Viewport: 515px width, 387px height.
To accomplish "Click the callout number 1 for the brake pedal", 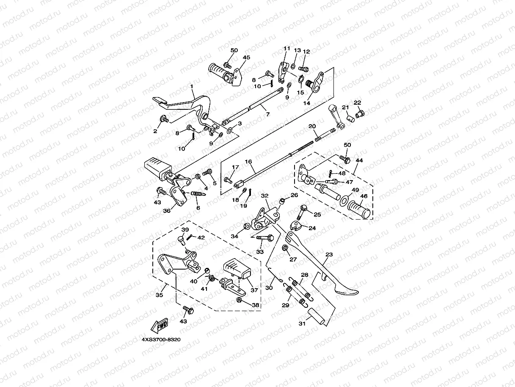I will coord(192,86).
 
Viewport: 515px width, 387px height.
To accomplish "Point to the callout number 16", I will coord(248,161).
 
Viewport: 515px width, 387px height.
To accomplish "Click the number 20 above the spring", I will coord(312,127).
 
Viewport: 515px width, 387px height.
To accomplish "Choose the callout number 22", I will coord(358,103).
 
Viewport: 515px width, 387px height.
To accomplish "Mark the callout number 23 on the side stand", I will coord(329,255).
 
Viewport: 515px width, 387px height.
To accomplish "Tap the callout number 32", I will coord(265,196).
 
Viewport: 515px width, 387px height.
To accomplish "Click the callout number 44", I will coord(359,161).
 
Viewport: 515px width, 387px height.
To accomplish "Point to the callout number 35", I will coord(160,295).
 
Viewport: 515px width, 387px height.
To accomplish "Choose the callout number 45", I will coord(246,58).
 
